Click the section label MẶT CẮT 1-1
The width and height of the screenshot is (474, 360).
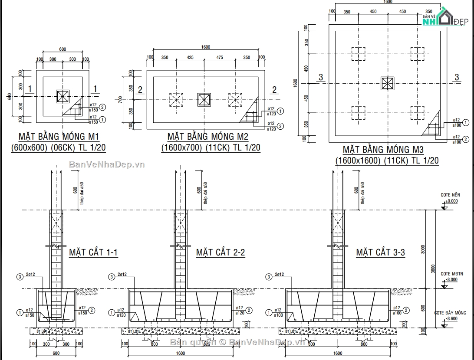click(x=93, y=252)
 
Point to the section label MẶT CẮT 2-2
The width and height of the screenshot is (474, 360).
click(x=221, y=252)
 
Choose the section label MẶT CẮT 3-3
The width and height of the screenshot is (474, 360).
click(x=381, y=252)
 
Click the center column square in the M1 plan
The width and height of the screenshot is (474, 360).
click(x=63, y=96)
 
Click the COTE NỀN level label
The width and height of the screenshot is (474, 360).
click(x=450, y=195)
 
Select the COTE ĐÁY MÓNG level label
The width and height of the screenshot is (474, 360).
click(x=450, y=313)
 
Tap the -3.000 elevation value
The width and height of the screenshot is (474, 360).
click(x=451, y=280)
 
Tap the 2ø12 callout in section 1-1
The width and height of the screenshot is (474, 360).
click(x=31, y=275)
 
